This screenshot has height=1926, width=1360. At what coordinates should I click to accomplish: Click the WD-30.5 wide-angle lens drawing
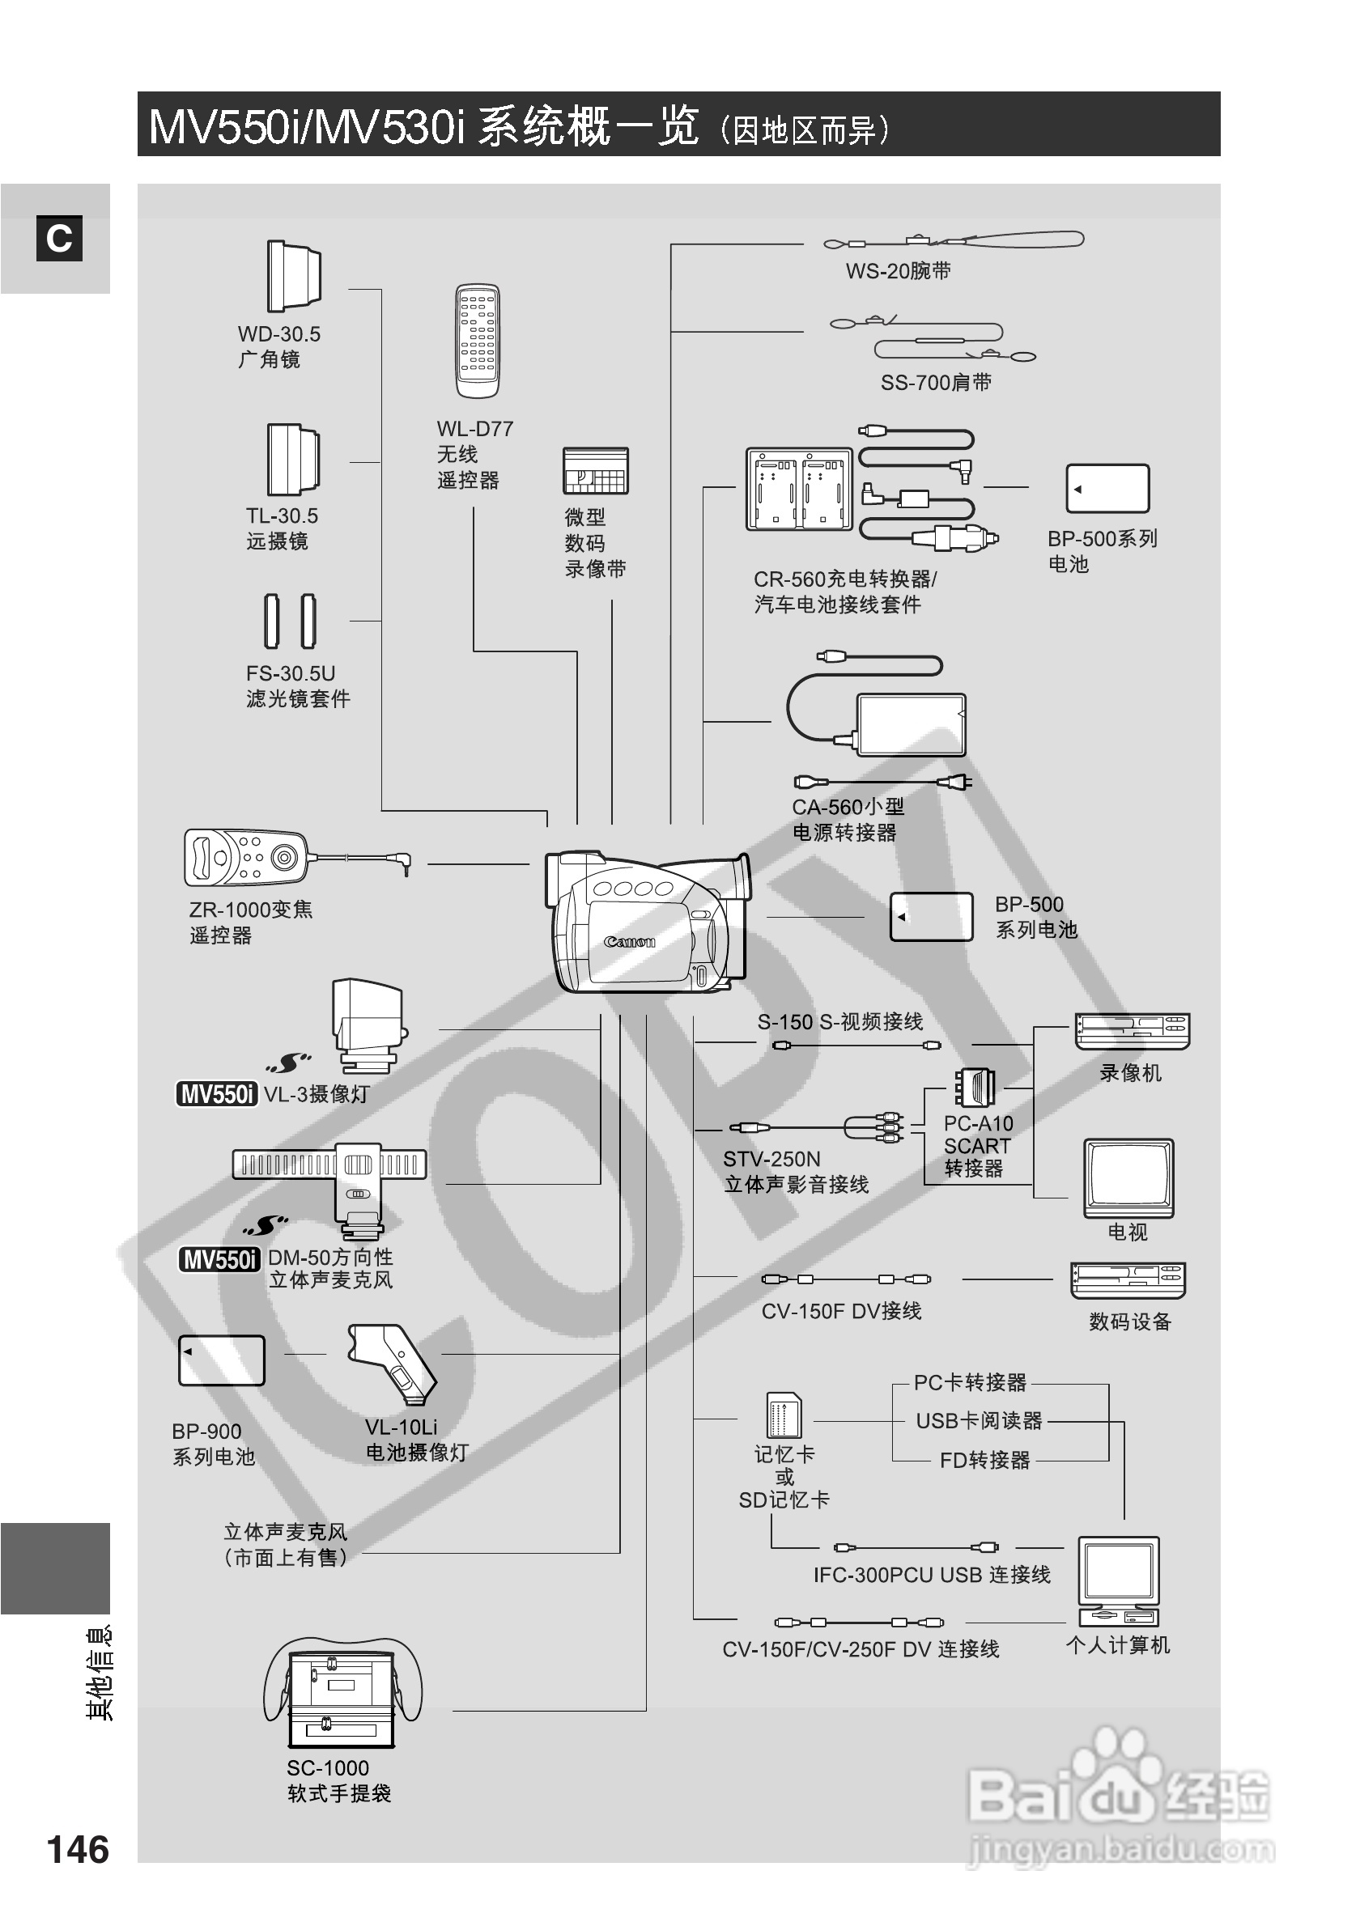[x=294, y=276]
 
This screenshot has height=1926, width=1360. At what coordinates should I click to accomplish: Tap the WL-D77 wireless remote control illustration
[x=477, y=341]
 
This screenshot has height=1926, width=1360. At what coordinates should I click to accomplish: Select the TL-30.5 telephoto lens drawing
[x=293, y=460]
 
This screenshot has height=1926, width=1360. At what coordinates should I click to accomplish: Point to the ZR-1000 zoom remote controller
[x=246, y=857]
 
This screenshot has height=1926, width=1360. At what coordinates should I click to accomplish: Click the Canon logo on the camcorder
[x=629, y=941]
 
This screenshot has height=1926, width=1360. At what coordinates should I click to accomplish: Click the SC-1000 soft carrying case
[x=342, y=1695]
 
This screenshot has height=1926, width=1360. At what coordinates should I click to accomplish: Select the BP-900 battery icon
[x=222, y=1360]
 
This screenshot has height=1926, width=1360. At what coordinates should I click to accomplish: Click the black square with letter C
[x=59, y=239]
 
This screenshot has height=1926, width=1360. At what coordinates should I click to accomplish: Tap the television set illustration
[x=1128, y=1177]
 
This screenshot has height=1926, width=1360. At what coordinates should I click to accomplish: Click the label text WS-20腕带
[x=898, y=271]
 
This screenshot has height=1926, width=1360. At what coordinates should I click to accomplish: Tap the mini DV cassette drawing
[x=595, y=471]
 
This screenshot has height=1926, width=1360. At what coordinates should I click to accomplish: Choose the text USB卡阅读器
[x=978, y=1421]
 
